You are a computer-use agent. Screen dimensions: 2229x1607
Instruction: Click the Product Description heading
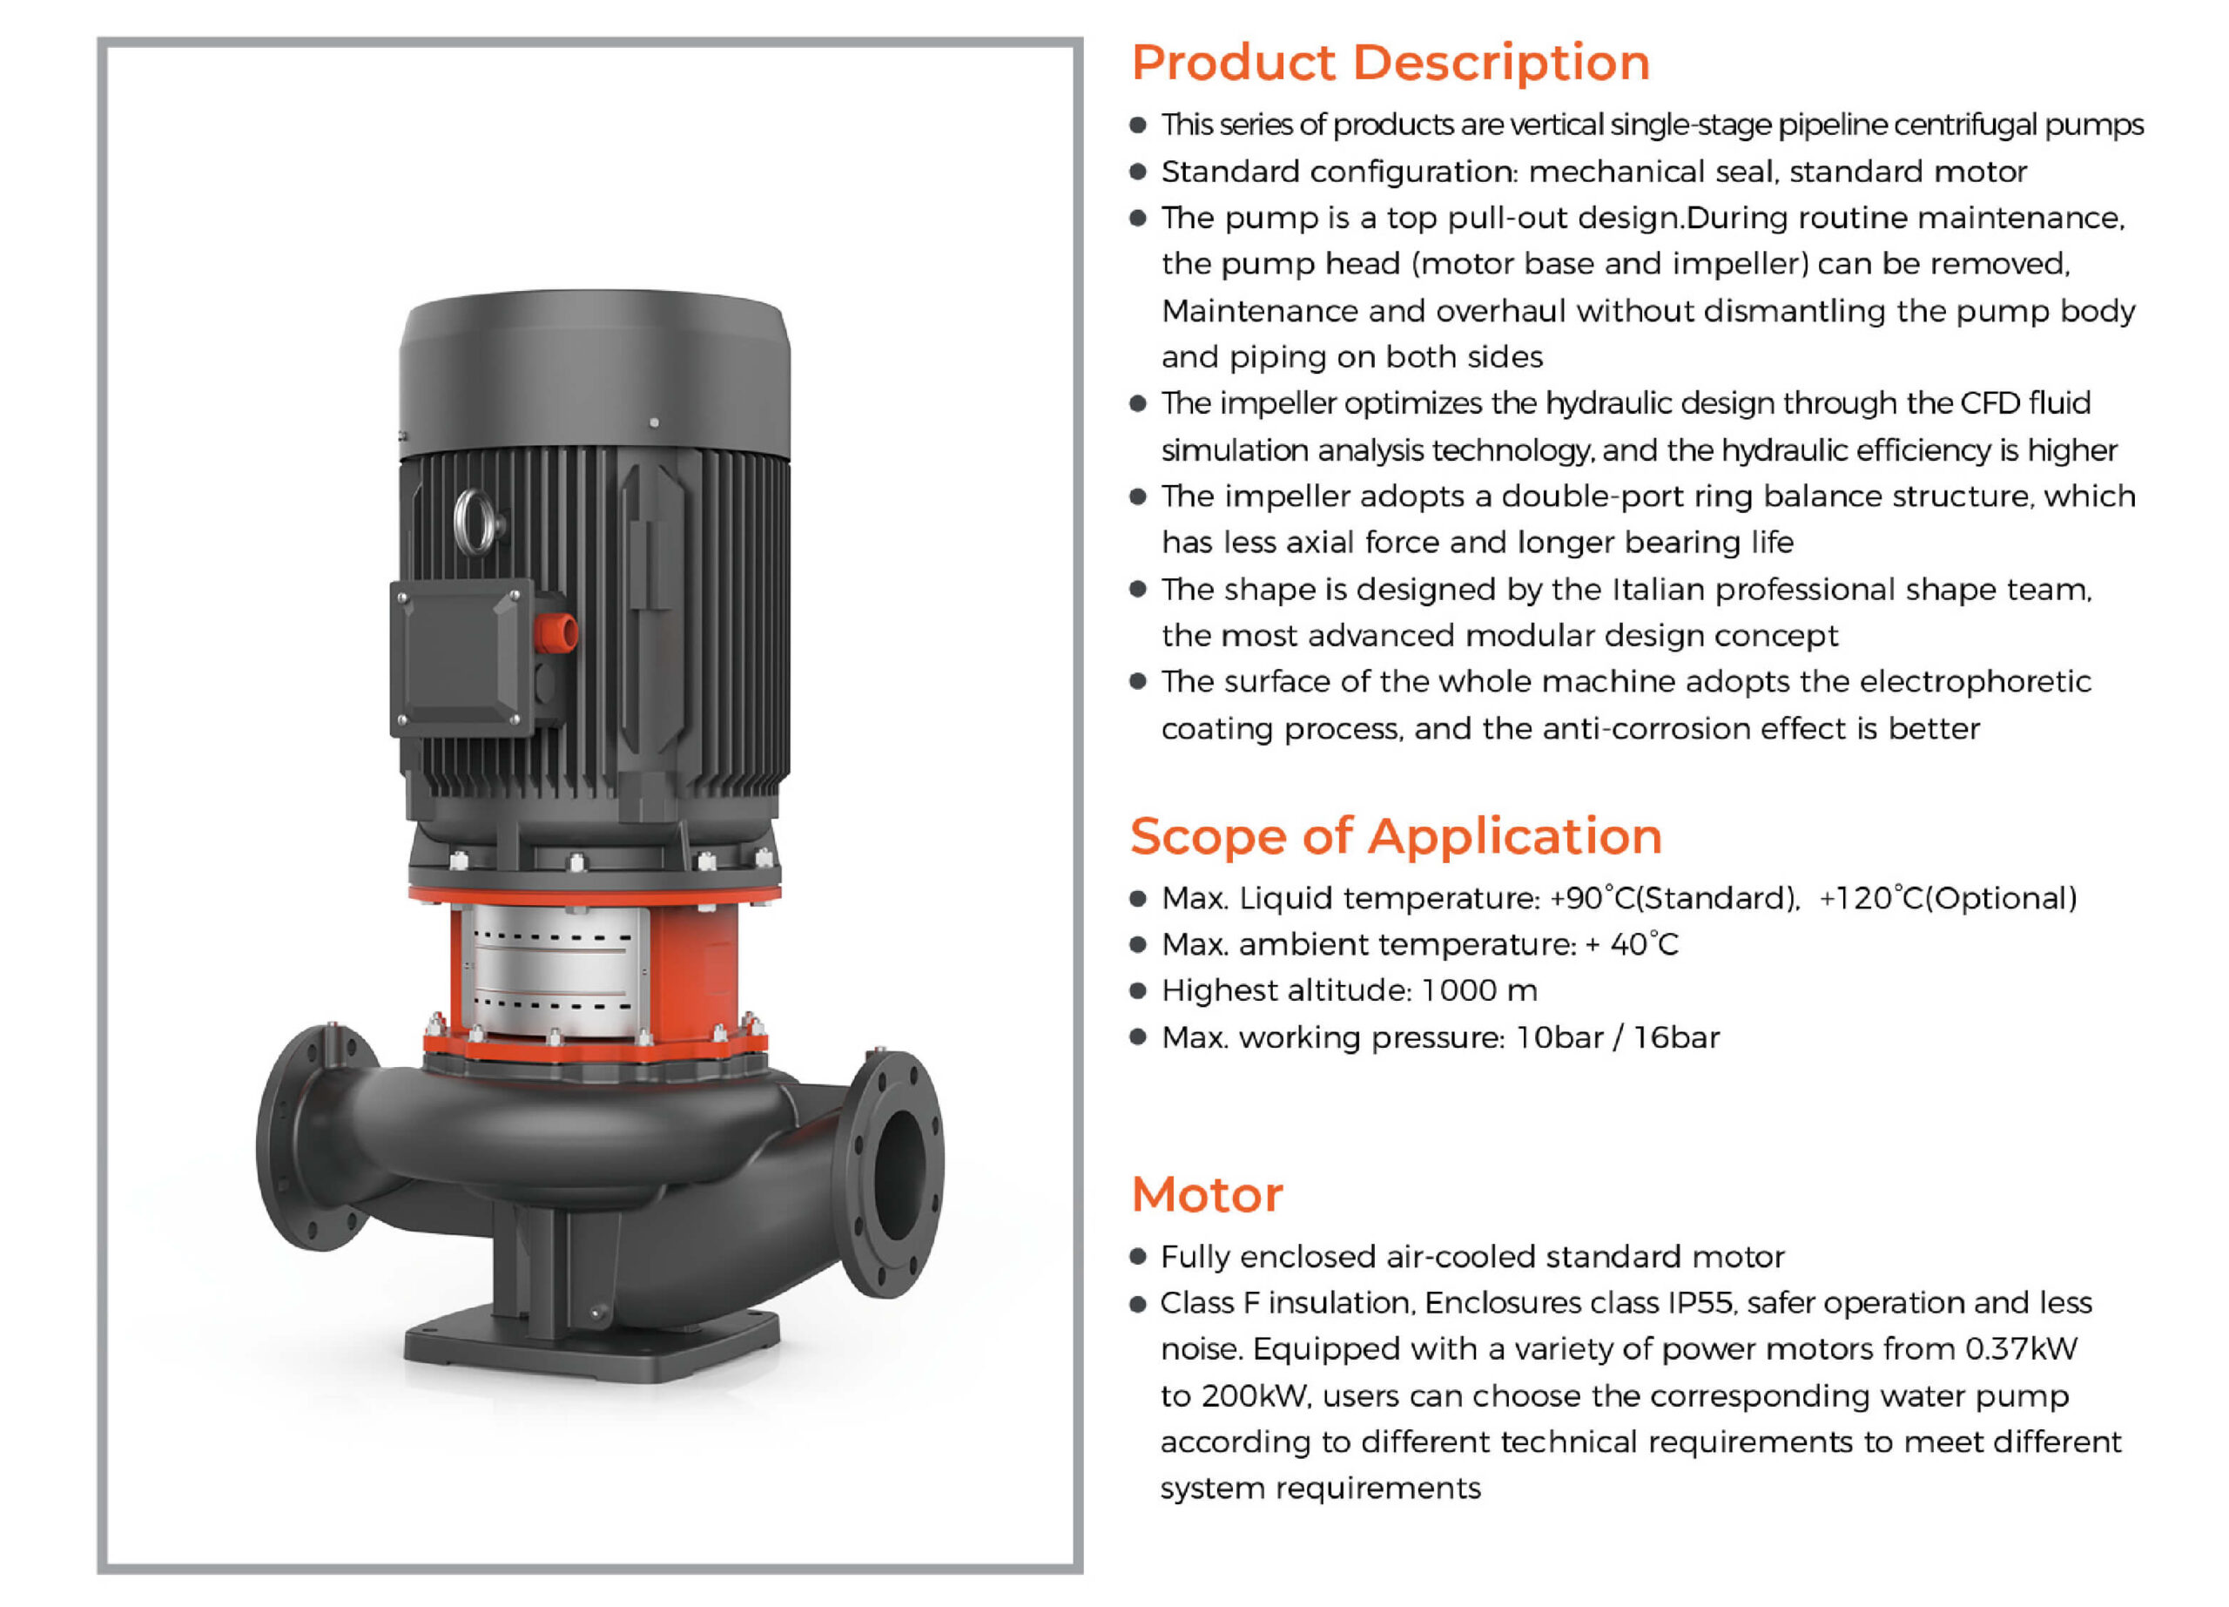(x=1390, y=63)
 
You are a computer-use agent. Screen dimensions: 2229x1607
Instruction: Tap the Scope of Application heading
(x=1396, y=836)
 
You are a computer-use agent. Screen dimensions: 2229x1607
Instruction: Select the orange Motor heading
(x=1207, y=1195)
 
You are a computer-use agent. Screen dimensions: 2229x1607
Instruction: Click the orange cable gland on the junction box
(x=556, y=633)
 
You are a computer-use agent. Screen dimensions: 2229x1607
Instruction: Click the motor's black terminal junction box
(x=462, y=656)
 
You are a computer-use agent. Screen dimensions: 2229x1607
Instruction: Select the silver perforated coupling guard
(x=556, y=969)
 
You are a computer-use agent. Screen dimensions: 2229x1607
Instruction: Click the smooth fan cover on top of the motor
(x=595, y=374)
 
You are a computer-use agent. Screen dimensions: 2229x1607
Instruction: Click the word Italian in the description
(x=1657, y=590)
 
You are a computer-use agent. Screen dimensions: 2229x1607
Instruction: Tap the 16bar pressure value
(x=1676, y=1038)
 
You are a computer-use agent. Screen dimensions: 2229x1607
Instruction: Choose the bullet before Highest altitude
(x=1138, y=990)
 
